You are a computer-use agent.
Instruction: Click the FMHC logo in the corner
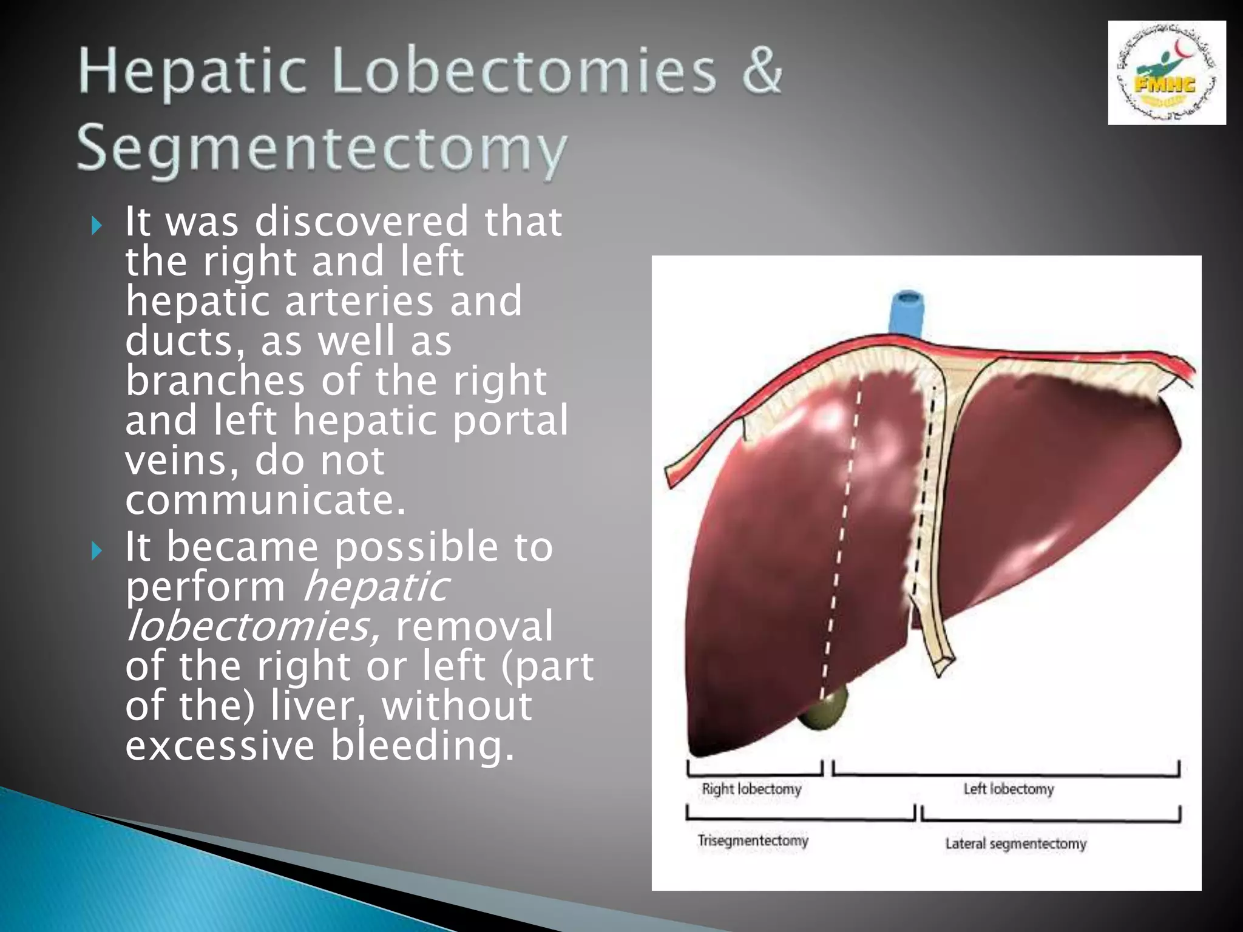[1166, 73]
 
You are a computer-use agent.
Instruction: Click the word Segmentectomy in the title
[322, 149]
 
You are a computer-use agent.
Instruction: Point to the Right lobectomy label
[751, 789]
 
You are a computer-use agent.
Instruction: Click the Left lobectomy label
[1008, 789]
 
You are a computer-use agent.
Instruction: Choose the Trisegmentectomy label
[753, 840]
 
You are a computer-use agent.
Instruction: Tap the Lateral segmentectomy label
[1015, 843]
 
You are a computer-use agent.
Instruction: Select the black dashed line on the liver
[924, 485]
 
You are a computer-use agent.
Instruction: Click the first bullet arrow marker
[97, 226]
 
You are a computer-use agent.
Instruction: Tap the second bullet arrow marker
[97, 551]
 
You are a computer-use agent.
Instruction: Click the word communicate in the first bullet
[265, 500]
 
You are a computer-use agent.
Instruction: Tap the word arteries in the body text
[359, 301]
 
